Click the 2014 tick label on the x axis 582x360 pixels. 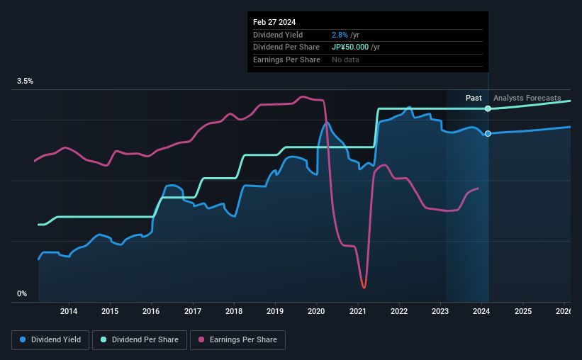point(69,311)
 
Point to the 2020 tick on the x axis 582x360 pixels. point(316,311)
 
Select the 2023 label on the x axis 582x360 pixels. point(440,311)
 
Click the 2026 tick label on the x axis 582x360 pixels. point(563,311)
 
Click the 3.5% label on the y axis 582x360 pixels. point(26,81)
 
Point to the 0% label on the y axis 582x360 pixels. point(21,293)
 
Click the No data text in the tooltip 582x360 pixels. point(345,60)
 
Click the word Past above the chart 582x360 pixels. point(474,98)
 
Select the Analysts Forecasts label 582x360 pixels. point(527,98)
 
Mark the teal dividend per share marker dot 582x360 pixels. point(488,108)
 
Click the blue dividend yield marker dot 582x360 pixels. point(488,134)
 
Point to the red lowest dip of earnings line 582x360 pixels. point(364,286)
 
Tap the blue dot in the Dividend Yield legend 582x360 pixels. point(23,340)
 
